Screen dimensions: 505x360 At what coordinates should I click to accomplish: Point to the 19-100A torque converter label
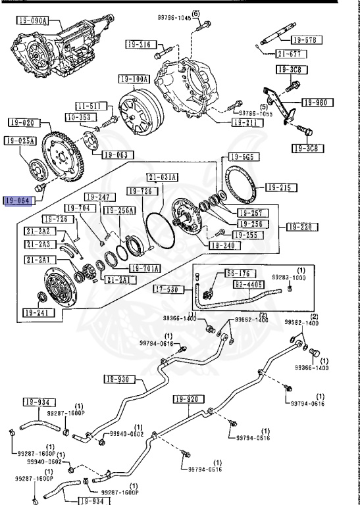(134, 80)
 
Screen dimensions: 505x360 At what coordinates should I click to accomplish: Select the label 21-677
(288, 54)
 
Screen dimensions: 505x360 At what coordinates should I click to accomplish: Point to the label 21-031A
(162, 178)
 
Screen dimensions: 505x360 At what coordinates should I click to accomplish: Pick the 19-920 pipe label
(188, 399)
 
